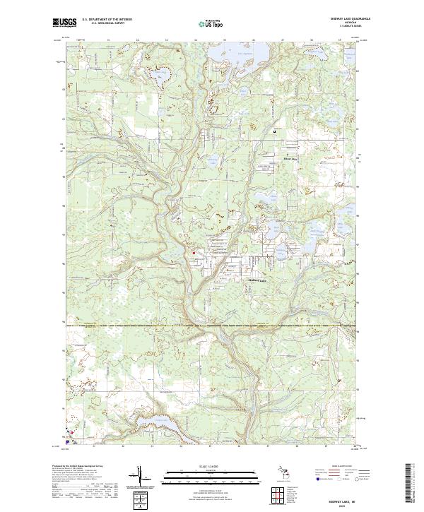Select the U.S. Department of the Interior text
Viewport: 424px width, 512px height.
106,20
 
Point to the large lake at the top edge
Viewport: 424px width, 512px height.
255,52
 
